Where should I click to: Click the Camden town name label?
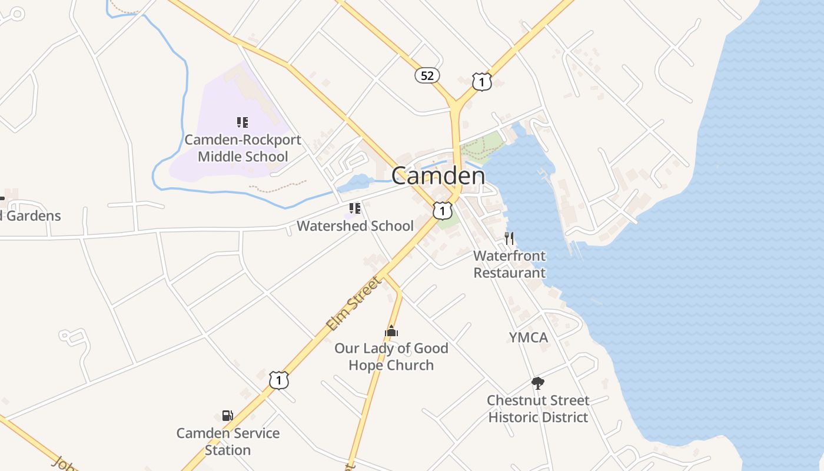438,175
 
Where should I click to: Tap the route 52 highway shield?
427,75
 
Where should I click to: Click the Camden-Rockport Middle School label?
242,148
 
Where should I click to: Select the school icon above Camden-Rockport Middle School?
242,122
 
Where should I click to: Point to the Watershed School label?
355,226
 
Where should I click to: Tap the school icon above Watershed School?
354,208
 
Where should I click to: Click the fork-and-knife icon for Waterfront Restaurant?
509,238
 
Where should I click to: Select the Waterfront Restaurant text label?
510,264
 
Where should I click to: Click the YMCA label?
528,337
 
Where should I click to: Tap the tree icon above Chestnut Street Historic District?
537,383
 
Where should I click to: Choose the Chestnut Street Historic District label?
538,409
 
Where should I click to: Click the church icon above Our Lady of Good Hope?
391,331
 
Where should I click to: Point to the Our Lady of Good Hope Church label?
391,356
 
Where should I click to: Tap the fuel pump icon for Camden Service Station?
228,416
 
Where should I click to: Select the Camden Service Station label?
228,441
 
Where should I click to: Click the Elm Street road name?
354,304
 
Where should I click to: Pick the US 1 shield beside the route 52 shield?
481,82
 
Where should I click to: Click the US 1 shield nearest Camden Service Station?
279,380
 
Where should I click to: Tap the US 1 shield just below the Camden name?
443,210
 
